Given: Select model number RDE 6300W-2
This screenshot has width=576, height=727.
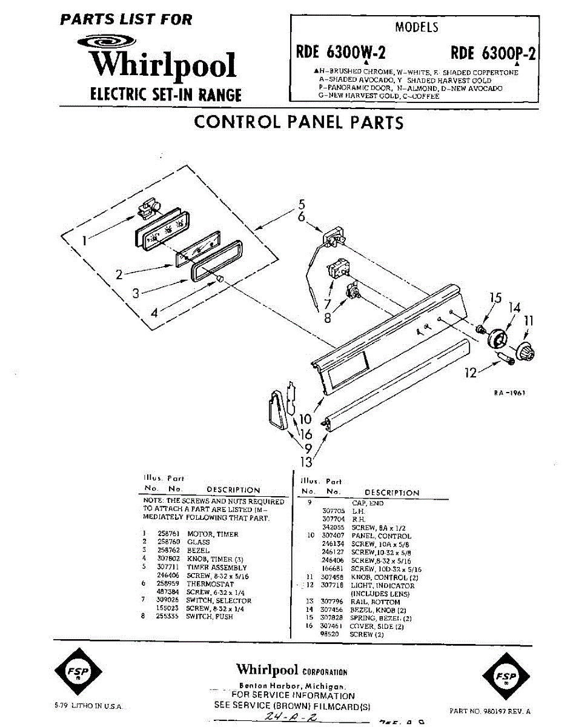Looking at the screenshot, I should click(x=340, y=53).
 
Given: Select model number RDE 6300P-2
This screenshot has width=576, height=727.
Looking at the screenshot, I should click(x=493, y=53).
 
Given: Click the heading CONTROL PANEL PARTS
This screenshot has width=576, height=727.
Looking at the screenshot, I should click(x=299, y=122).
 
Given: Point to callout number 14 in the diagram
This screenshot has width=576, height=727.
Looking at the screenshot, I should click(x=515, y=308).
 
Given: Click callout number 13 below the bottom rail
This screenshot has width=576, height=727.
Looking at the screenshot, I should click(x=307, y=462).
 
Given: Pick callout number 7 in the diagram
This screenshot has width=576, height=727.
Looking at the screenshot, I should click(x=328, y=305).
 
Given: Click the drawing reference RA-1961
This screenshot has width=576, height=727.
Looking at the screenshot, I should click(x=509, y=393).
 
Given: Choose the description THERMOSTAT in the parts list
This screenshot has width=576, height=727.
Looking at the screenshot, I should click(x=210, y=584).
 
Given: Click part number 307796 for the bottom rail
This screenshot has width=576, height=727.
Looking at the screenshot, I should click(x=332, y=602).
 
